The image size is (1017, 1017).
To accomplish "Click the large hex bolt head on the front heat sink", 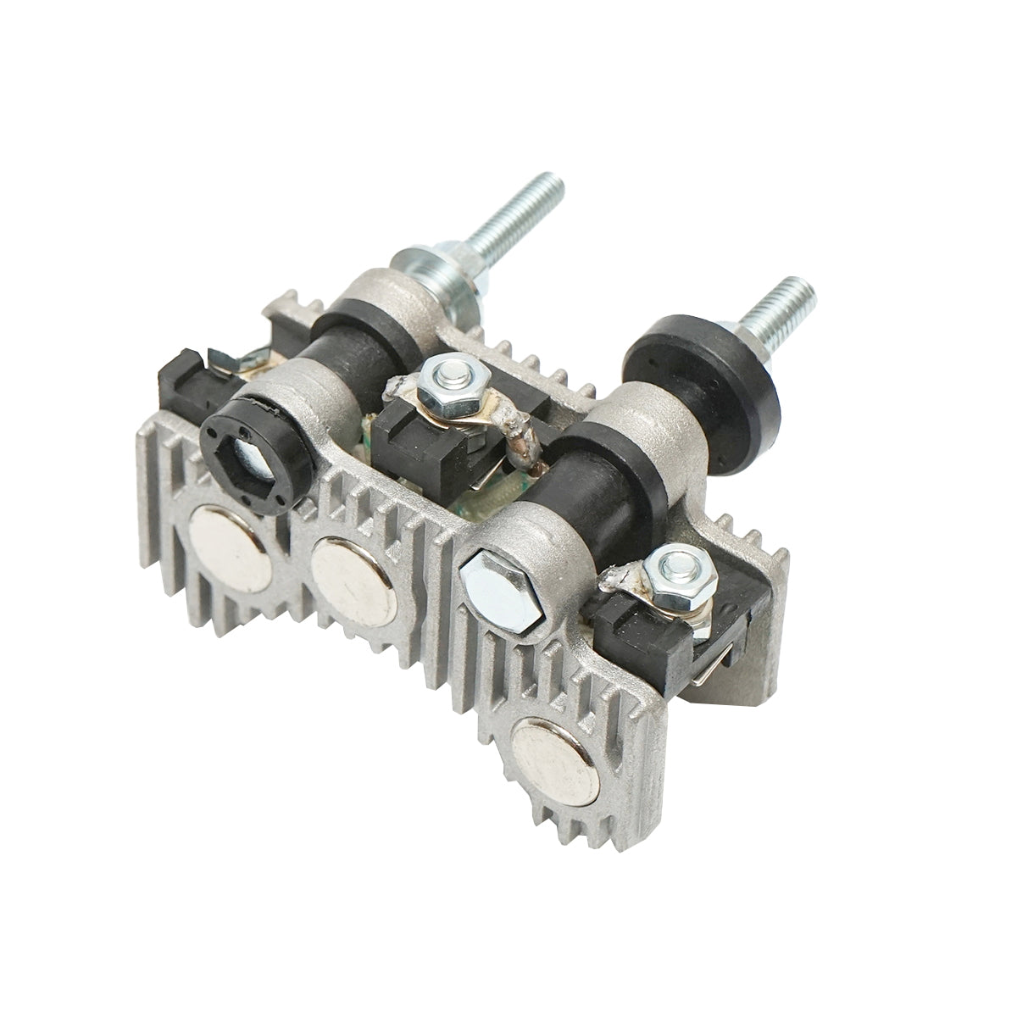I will (499, 589).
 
